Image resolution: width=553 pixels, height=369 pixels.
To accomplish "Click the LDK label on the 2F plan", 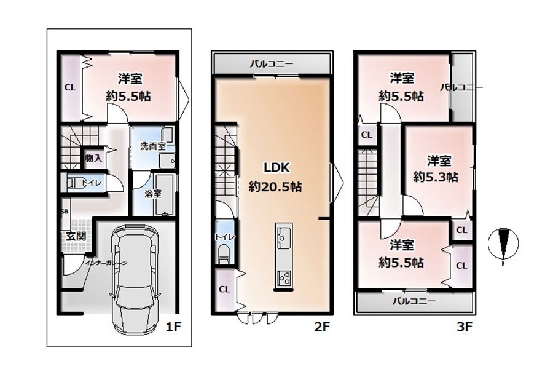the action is click(x=277, y=167).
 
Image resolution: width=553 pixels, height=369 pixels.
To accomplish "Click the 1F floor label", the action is click(x=173, y=327).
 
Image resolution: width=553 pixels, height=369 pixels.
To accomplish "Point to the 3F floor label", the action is click(x=464, y=327).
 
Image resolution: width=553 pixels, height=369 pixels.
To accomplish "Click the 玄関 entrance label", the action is click(x=76, y=236).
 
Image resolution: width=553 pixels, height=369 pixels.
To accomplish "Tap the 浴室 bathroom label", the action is click(x=153, y=194).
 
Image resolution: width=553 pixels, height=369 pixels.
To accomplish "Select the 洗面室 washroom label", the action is click(x=152, y=146).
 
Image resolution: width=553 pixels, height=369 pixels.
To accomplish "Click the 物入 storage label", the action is click(x=93, y=158).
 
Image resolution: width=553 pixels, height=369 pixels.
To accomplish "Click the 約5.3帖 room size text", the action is click(x=436, y=177).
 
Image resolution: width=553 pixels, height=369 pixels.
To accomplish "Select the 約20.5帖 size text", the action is click(x=275, y=186).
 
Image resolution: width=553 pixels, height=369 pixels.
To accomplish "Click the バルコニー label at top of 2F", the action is click(x=272, y=64).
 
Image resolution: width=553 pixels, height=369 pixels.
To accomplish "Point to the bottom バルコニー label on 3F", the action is click(x=414, y=301).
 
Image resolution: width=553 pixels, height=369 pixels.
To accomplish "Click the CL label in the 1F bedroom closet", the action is click(x=70, y=87).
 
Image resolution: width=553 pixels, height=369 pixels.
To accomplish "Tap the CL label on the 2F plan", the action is click(x=224, y=290).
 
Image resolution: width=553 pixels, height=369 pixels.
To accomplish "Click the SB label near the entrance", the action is click(x=65, y=212).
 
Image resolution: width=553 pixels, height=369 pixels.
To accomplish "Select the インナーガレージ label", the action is click(x=106, y=263).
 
